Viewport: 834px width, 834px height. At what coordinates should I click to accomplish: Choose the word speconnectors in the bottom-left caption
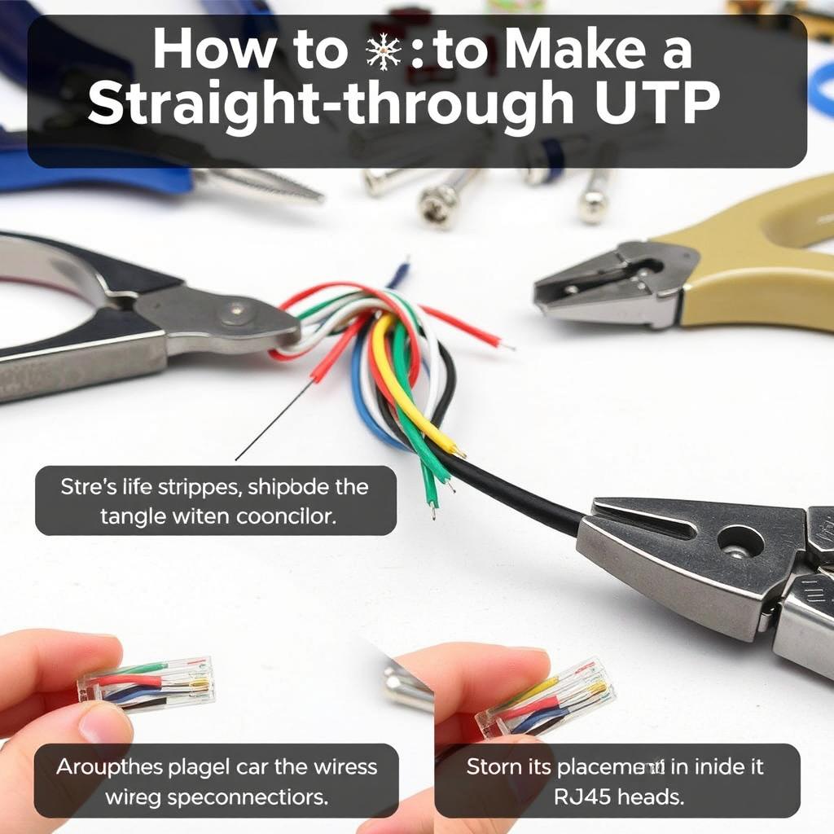coord(255,796)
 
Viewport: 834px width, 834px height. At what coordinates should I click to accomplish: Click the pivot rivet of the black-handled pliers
coord(235,310)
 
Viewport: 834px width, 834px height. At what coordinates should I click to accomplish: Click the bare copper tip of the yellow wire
coord(459,450)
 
